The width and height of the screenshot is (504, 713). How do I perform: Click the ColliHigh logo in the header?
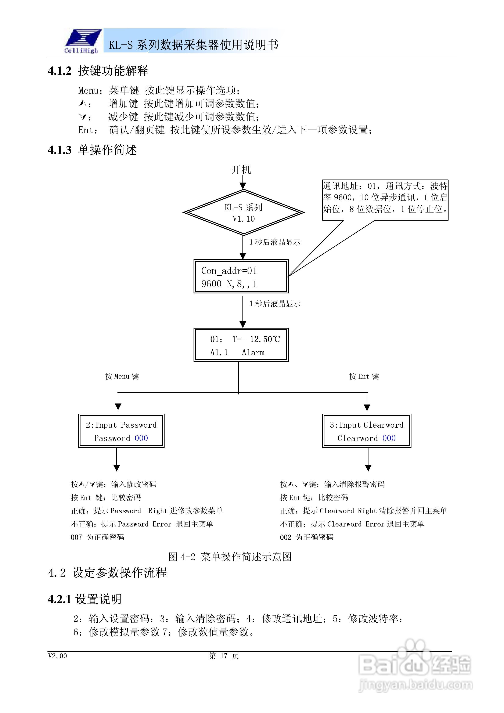point(82,41)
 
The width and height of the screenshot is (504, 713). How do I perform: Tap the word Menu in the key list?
point(88,91)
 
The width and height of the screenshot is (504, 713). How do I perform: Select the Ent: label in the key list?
point(88,130)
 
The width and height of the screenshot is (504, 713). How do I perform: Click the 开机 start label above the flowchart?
point(241,170)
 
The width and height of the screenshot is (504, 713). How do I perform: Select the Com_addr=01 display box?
point(241,277)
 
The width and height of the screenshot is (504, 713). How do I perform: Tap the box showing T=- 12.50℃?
point(241,345)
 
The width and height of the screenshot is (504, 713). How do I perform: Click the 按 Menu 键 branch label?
point(122,376)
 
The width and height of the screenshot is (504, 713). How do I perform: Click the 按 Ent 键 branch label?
point(364,376)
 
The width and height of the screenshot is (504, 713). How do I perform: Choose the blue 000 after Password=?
point(141,438)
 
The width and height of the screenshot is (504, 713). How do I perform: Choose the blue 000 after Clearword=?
point(389,438)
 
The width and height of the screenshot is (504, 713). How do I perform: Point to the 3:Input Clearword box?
point(367,431)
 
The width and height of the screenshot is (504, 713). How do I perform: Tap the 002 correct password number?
point(285,538)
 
